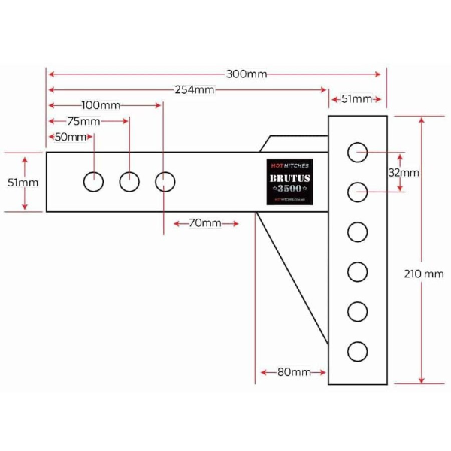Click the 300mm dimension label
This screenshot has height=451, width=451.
coord(247,74)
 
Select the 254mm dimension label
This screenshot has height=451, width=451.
coord(195,90)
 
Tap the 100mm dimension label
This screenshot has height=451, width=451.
coord(101,105)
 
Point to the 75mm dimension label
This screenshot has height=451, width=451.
coord(83,121)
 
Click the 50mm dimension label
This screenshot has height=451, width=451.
coord(71,137)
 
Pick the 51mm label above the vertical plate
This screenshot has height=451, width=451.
coord(356,99)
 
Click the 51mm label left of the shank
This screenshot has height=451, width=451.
coord(23,183)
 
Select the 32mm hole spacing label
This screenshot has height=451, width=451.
coord(404,173)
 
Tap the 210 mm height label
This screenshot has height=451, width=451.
coord(424,274)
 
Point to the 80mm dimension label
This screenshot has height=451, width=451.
coord(294,372)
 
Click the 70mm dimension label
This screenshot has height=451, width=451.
coord(205,223)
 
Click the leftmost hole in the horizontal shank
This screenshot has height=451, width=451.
coord(93,181)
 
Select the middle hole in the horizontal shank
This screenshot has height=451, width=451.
coord(129,181)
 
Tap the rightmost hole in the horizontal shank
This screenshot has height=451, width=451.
coord(165,181)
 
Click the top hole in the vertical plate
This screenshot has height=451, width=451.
coord(357,152)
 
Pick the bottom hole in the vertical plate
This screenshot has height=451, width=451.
coord(357,350)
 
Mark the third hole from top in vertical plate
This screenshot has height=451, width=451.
coord(357,231)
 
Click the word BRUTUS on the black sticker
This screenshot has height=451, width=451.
coord(289,177)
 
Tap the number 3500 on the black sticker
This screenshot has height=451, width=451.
coord(289,188)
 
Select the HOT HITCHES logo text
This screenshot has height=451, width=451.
coord(289,165)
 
